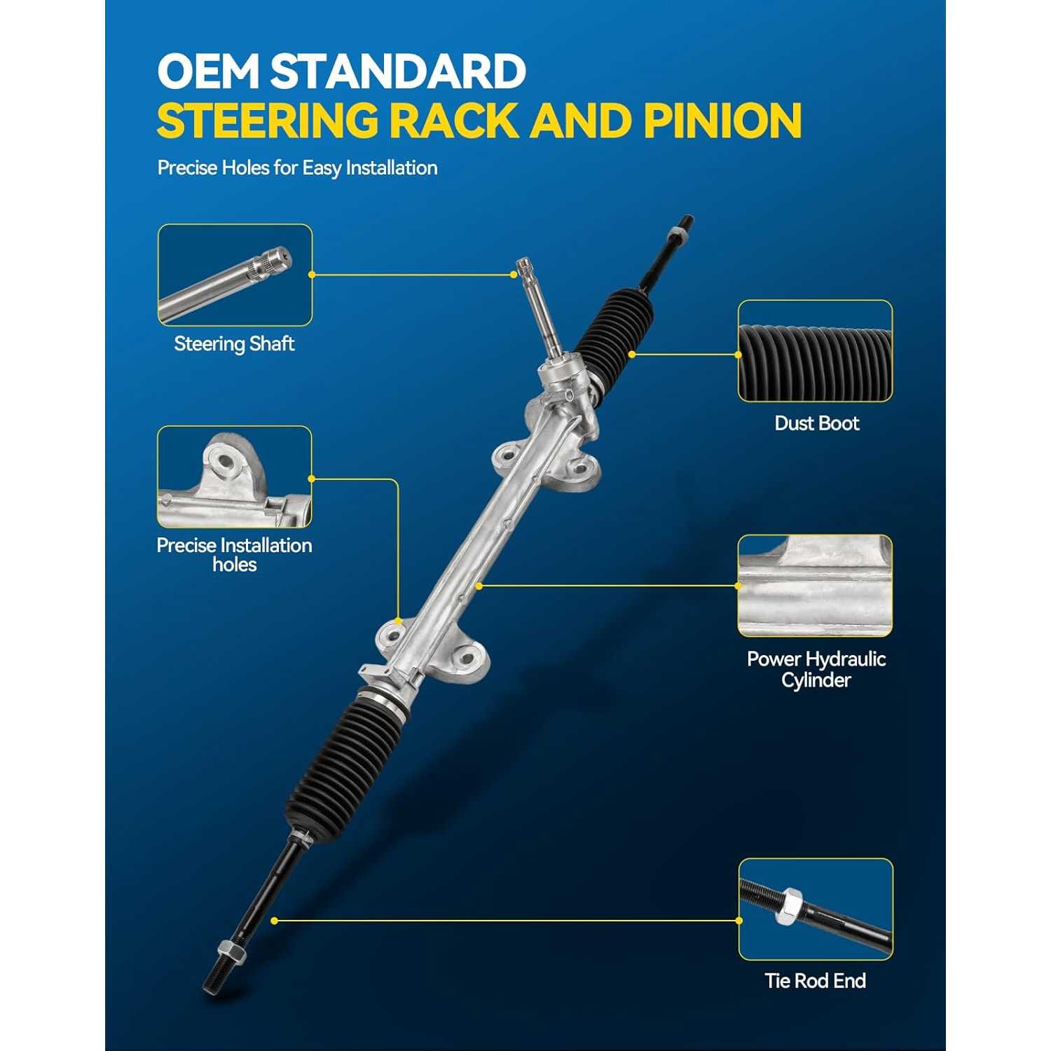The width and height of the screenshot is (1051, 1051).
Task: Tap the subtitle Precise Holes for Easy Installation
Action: tap(297, 168)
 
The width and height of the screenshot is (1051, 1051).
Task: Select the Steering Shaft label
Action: tap(234, 344)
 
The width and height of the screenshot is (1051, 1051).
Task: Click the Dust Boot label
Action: tap(816, 423)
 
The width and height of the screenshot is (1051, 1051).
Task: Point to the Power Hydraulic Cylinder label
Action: tap(816, 669)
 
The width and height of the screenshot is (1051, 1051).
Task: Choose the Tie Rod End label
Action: tap(815, 980)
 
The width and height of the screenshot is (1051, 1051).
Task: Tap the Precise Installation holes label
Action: tap(234, 555)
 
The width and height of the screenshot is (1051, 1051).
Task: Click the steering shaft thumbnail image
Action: tap(235, 275)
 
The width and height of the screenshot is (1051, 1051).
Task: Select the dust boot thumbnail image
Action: tap(815, 351)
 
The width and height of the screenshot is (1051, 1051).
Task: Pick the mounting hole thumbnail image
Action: tap(235, 476)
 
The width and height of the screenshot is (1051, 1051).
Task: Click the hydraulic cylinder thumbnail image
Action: tap(815, 586)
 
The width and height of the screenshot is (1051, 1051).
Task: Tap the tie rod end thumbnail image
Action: tap(816, 909)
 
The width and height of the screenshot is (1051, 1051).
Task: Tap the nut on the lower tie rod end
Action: tap(230, 950)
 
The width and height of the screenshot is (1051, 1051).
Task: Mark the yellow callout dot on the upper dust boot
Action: tap(631, 355)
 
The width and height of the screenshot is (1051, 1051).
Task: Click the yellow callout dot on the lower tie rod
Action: tap(274, 921)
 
